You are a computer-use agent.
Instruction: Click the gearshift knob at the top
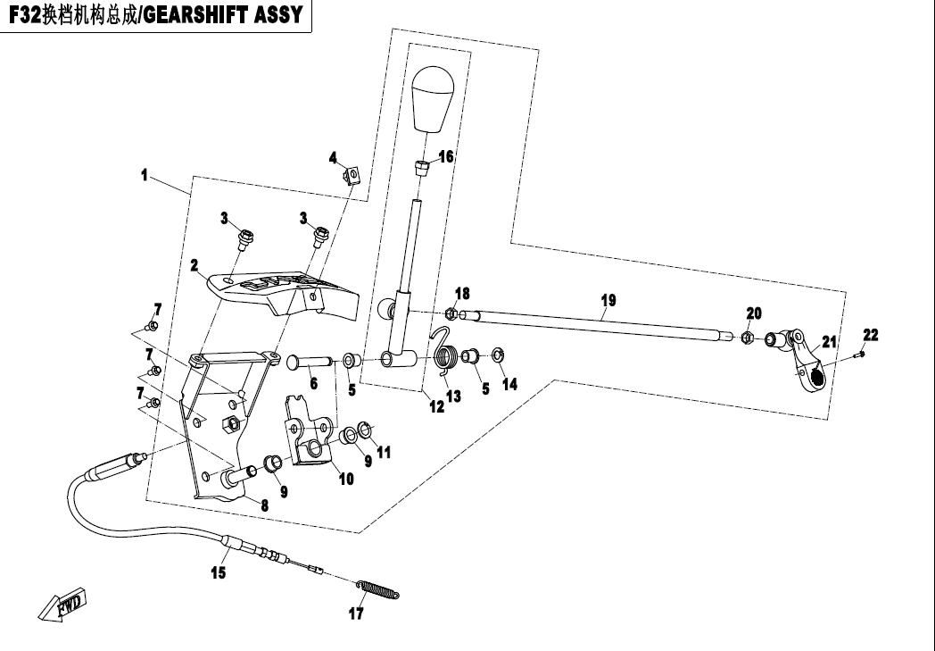(x=434, y=97)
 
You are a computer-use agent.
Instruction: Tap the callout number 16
(x=446, y=155)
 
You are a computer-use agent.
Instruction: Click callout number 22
(x=870, y=335)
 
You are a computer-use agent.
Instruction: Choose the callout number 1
(x=144, y=176)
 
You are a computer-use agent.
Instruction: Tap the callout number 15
(x=218, y=573)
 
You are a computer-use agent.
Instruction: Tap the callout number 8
(x=263, y=504)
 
